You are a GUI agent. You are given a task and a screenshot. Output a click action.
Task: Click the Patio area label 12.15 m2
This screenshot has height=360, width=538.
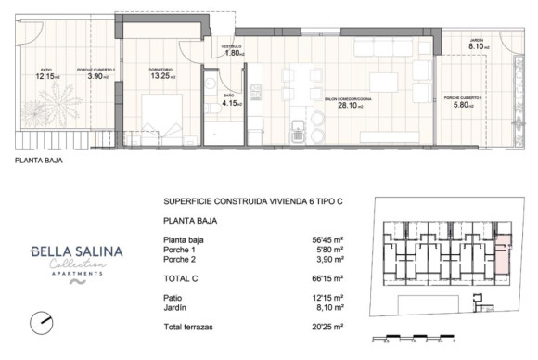point(47,76)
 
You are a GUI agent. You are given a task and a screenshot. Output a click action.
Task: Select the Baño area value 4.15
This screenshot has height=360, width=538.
point(230,103)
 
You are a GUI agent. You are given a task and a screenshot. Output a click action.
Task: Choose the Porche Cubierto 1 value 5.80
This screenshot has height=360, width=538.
point(460,105)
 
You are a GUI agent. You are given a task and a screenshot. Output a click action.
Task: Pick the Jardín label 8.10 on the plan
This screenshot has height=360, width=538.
point(478,45)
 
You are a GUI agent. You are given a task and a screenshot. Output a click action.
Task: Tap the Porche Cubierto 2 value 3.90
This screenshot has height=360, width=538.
point(96,76)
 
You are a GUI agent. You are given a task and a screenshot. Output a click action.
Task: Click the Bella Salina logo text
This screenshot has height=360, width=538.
point(66,251)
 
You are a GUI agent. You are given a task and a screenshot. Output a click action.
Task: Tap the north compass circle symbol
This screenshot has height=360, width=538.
point(41,322)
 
